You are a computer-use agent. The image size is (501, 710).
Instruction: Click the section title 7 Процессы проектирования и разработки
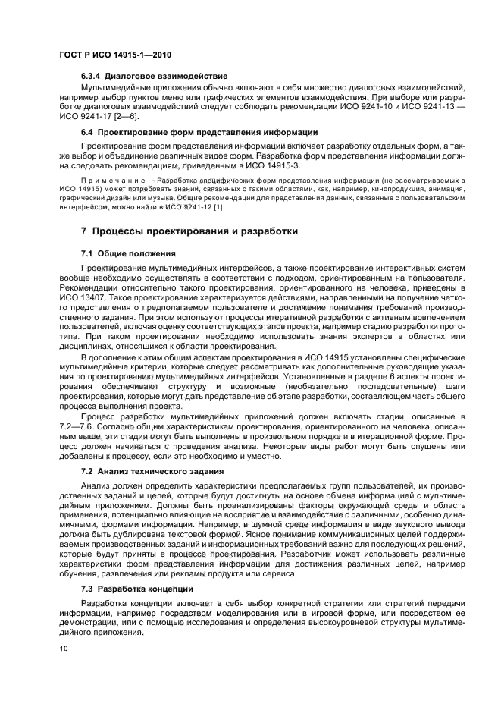pos(189,231)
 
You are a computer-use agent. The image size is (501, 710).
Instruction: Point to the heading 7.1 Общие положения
pos(128,253)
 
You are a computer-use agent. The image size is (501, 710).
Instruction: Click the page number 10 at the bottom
pos(64,649)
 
